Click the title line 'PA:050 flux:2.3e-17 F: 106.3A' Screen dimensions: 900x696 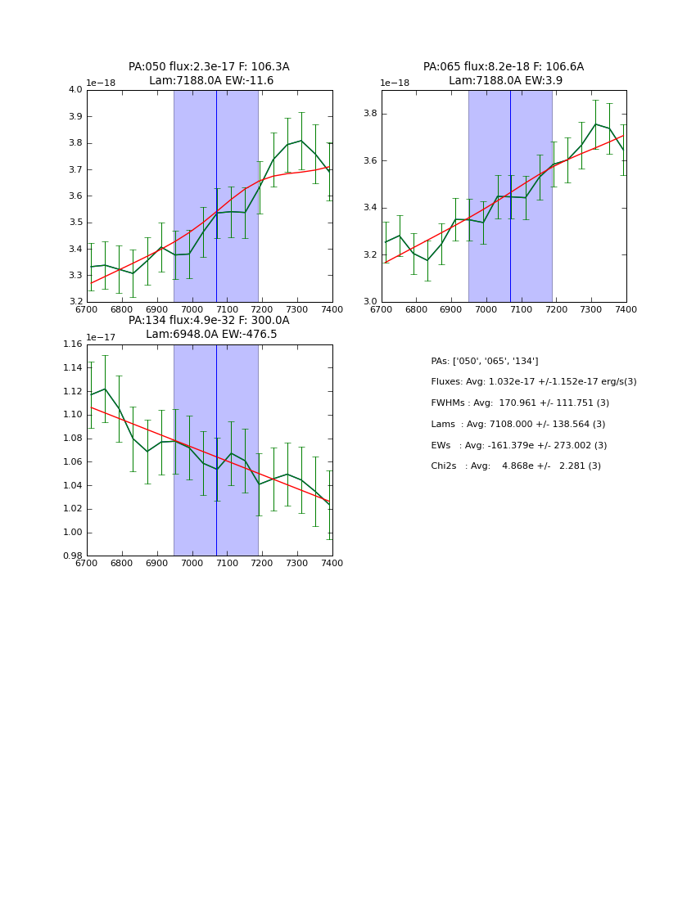pos(209,67)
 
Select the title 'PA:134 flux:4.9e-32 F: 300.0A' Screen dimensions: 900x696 pos(209,321)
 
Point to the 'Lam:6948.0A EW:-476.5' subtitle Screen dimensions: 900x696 pos(211,335)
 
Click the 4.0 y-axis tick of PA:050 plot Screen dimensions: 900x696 pos(75,90)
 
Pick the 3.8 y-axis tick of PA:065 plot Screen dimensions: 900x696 pos(369,114)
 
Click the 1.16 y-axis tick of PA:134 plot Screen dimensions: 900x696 pos(73,344)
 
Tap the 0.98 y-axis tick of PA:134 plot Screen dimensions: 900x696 pos(73,556)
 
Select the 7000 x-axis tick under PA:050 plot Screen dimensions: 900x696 pos(192,310)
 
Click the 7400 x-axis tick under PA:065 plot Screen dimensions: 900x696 pos(626,310)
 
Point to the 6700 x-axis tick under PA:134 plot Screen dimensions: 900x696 pos(87,564)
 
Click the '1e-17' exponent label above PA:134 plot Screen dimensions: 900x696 pos(102,337)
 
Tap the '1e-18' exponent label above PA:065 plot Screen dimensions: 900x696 pos(395,83)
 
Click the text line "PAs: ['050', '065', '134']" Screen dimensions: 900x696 pos(485,361)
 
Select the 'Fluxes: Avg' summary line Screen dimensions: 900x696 pos(534,382)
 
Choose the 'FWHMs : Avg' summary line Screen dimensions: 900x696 pos(520,403)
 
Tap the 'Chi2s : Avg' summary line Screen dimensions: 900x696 pos(516,466)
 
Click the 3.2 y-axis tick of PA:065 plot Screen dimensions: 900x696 pos(369,254)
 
